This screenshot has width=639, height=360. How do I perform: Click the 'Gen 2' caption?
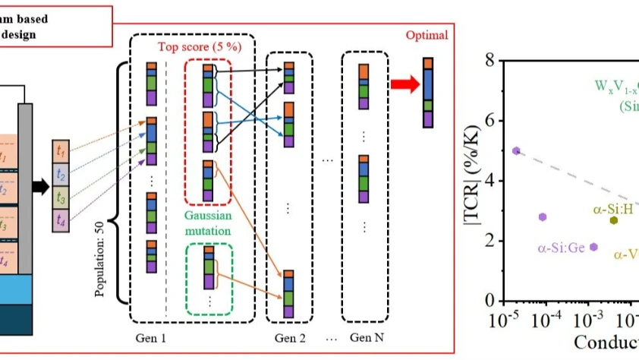288,336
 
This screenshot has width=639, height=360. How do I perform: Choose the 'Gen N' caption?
365,336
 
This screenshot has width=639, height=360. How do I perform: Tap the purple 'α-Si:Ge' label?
561,248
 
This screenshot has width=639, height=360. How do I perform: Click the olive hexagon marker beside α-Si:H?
613,220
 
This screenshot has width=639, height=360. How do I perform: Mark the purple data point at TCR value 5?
516,150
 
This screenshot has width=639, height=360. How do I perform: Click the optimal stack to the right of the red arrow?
430,91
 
